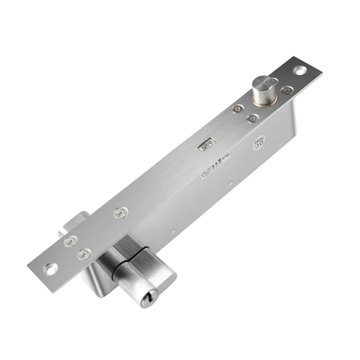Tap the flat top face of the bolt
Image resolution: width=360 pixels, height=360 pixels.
click(x=266, y=82)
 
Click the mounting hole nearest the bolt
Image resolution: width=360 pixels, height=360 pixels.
click(x=299, y=70)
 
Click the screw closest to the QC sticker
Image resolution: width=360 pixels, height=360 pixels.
click(x=253, y=118)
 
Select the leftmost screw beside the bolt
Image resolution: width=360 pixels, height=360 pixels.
click(x=238, y=109)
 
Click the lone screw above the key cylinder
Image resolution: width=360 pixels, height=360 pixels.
click(x=118, y=213)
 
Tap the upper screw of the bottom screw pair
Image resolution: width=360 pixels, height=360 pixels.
click(x=69, y=241)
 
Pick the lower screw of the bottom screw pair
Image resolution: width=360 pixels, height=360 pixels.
click(x=85, y=253)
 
